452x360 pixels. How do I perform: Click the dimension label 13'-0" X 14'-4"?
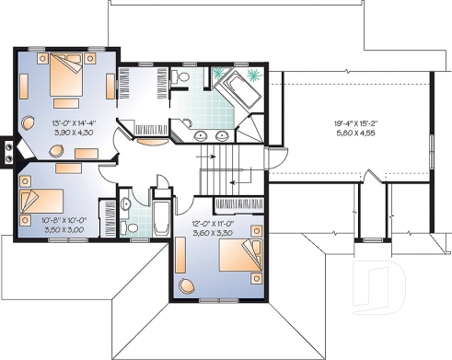pos(61,123)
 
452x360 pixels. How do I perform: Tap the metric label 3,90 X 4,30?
pos(61,134)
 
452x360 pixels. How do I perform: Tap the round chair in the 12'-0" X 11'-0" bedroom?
pos(187,285)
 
